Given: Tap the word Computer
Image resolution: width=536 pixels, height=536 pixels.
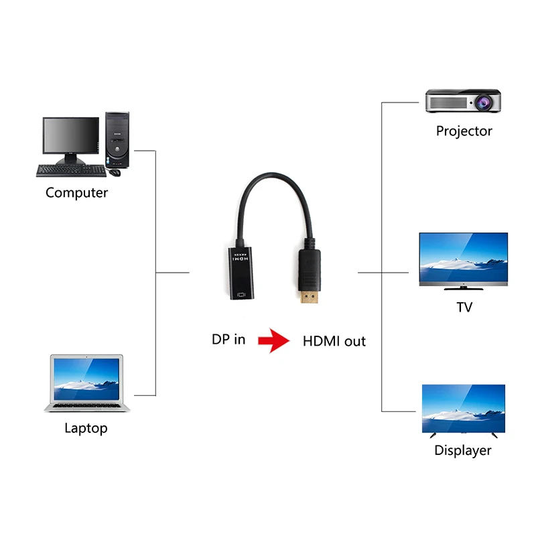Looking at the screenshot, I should coord(76,193).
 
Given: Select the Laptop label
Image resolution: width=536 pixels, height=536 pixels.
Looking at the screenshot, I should coord(86,428).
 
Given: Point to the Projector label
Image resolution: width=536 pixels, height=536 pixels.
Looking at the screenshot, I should coord(464,131).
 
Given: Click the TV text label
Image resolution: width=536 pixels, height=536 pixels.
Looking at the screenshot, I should coord(464,308).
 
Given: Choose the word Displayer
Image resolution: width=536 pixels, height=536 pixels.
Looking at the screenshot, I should coord(463,451).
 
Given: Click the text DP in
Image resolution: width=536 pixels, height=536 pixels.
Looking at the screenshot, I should coord(228,340).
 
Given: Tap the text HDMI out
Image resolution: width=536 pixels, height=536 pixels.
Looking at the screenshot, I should coord(334,341).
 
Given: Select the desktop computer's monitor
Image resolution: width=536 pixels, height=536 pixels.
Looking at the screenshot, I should coord(70,137).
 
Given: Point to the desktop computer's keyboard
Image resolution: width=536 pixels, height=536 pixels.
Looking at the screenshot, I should coord(70,171).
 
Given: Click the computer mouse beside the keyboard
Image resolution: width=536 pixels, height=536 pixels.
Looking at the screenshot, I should coord(115,172).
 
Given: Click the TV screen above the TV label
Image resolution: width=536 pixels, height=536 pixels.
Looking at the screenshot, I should coord(463,259).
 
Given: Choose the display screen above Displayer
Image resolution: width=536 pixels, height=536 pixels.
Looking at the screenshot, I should coord(463,408).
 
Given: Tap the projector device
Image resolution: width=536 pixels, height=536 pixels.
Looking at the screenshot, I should coord(463,101).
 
